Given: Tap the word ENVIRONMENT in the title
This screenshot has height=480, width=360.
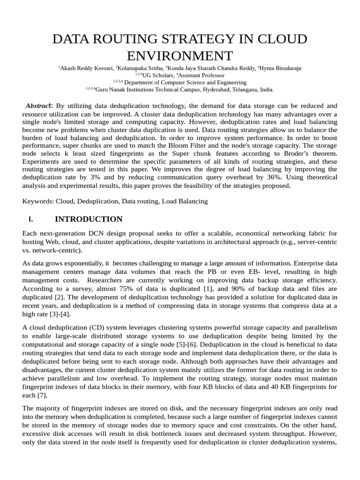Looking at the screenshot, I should click(180, 56).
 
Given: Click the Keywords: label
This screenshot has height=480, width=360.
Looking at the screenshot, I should click(38, 201).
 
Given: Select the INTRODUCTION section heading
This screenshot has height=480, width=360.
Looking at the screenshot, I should click(89, 219).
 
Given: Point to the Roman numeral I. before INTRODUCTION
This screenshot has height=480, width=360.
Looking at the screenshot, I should click(31, 219).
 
